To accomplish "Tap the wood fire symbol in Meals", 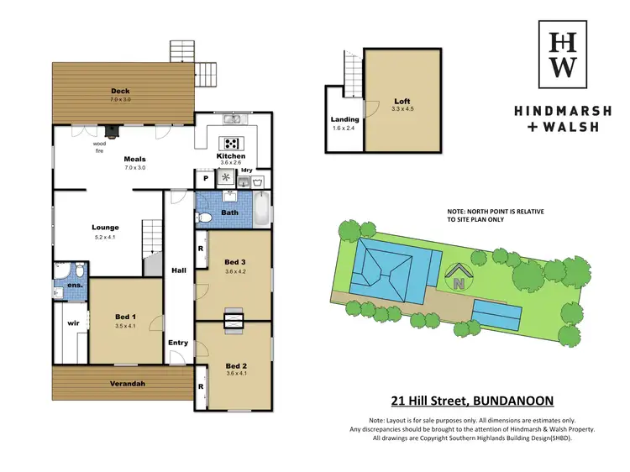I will pyautogui.click(x=110, y=130).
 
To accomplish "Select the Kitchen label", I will pyautogui.click(x=231, y=156).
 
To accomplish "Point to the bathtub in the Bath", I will pyautogui.click(x=262, y=209).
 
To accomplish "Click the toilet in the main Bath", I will pyautogui.click(x=205, y=218).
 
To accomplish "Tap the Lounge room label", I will pyautogui.click(x=105, y=227).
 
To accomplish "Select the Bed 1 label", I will pyautogui.click(x=126, y=317).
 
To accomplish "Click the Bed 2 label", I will pyautogui.click(x=236, y=366).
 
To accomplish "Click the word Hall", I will pyautogui.click(x=179, y=271).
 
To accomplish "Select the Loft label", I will pyautogui.click(x=402, y=101).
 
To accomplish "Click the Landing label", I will pyautogui.click(x=344, y=120).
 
